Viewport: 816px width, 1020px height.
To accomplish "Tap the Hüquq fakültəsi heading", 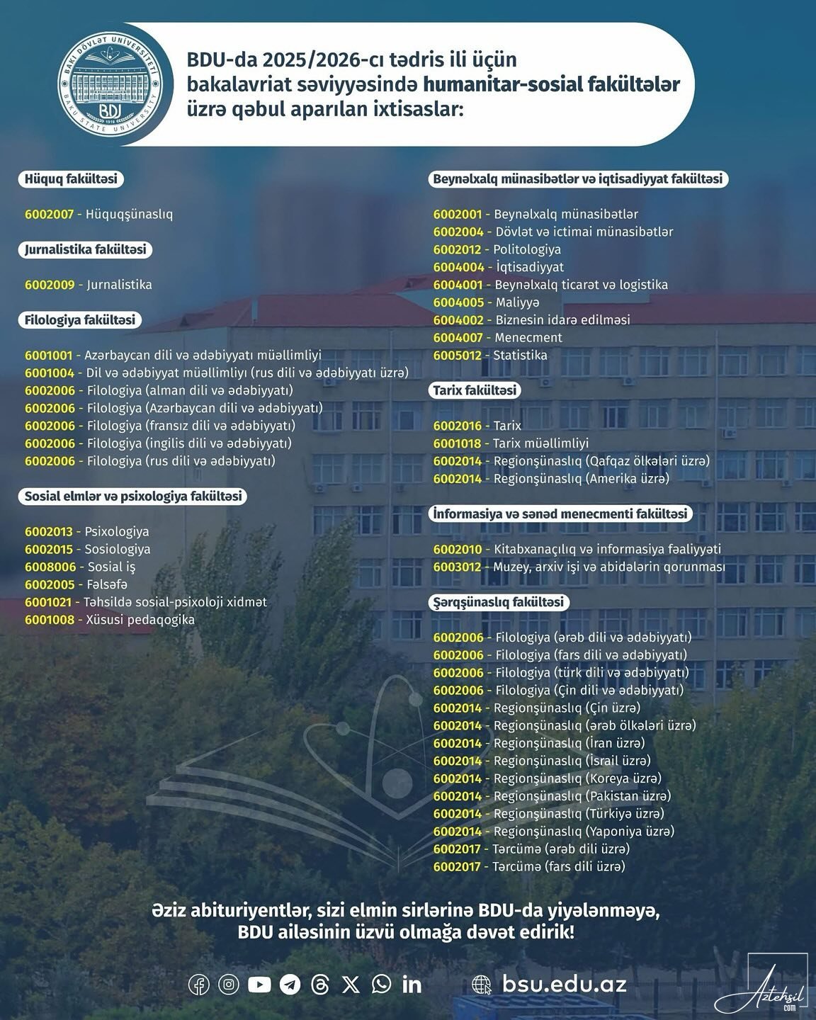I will tap(71, 179).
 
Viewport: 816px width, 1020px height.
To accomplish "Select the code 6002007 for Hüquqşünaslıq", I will tap(49, 214).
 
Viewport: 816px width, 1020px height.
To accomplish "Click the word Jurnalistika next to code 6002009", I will tap(119, 285).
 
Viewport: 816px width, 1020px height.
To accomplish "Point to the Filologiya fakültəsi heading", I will tap(79, 320).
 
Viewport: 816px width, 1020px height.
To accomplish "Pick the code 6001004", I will tap(49, 373).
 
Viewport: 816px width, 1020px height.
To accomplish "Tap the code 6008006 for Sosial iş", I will tap(49, 567).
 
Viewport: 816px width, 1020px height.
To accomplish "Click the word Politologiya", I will tap(527, 249).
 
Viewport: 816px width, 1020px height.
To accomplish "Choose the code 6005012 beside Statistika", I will tap(458, 356).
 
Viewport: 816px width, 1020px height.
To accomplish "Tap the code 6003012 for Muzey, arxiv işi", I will tap(458, 567).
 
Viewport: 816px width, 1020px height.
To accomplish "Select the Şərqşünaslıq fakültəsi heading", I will tap(499, 602).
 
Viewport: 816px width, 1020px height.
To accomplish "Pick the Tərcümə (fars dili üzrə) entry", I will tap(560, 866).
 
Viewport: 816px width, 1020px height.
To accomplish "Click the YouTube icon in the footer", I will tap(259, 984).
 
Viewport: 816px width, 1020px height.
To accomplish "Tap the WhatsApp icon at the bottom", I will tap(381, 984).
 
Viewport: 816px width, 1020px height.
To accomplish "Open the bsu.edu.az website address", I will tap(564, 984).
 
